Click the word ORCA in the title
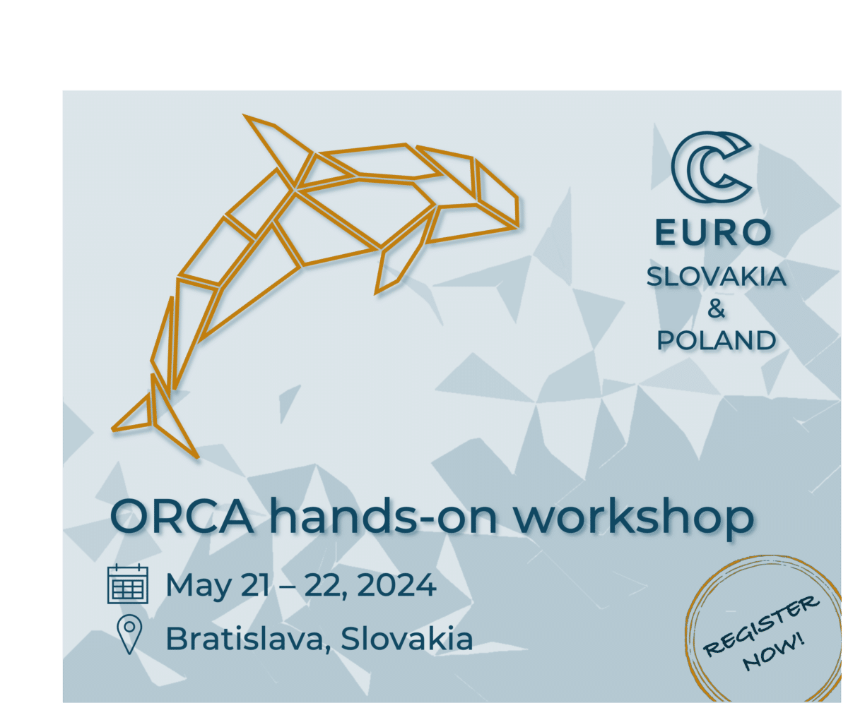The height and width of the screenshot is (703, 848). click(x=182, y=517)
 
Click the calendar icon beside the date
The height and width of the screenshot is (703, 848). click(x=128, y=584)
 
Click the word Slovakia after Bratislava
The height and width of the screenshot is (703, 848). click(x=406, y=638)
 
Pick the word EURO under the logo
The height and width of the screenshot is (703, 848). click(x=714, y=232)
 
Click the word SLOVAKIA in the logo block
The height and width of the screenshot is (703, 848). click(x=716, y=277)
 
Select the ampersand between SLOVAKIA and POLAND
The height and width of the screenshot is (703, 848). click(x=716, y=308)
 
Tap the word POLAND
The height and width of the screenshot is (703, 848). click(x=716, y=340)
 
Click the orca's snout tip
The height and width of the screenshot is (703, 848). click(x=517, y=227)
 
